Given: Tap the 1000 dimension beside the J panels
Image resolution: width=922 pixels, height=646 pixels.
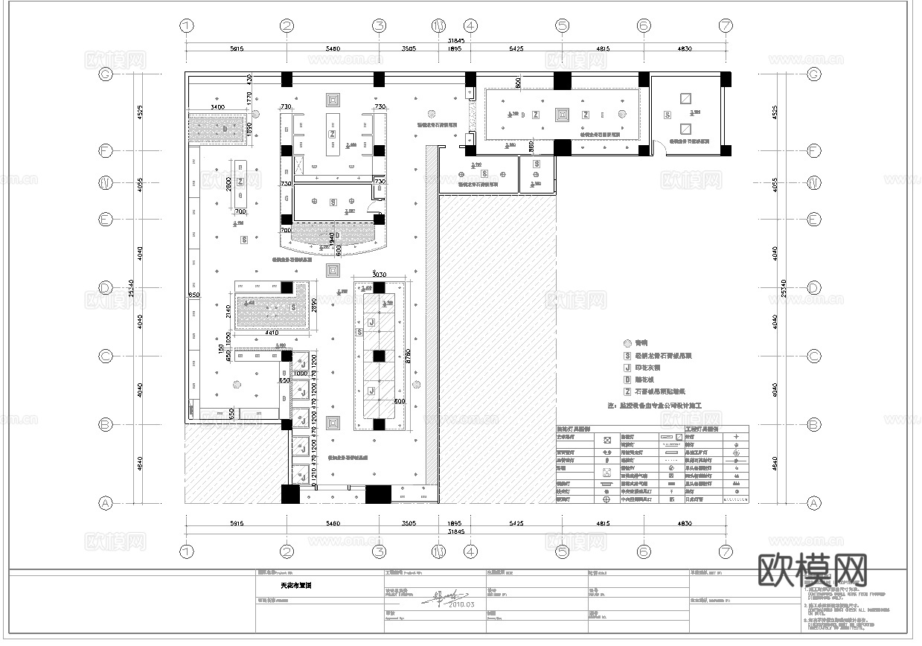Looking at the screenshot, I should pyautogui.click(x=301, y=373).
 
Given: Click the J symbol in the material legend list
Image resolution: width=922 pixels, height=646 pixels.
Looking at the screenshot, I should pyautogui.click(x=627, y=368).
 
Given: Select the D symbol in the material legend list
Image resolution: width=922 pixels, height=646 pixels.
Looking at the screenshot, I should pyautogui.click(x=627, y=380).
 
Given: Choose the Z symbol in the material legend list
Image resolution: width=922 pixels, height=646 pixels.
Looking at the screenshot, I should pyautogui.click(x=627, y=391).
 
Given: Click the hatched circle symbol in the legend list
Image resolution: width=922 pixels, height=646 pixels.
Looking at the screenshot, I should pyautogui.click(x=627, y=343).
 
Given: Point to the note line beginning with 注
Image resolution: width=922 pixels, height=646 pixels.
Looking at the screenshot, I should pyautogui.click(x=655, y=406).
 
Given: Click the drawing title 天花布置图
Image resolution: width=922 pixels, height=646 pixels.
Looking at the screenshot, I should pyautogui.click(x=296, y=586).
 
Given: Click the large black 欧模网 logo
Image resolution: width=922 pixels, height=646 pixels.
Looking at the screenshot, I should pyautogui.click(x=813, y=571).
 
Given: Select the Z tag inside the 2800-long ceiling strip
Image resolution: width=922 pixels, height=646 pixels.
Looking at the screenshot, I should pyautogui.click(x=240, y=182).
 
